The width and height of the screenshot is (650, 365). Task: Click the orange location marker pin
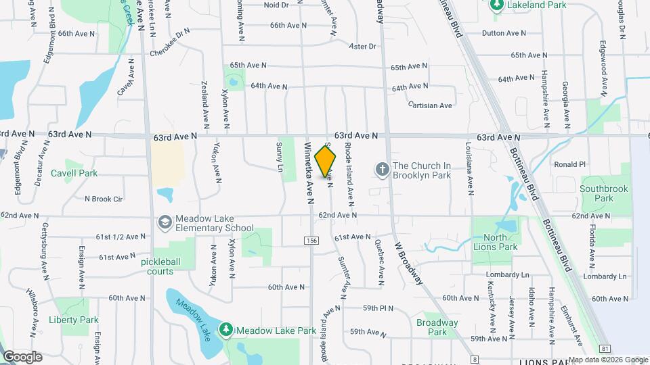tap(326, 161)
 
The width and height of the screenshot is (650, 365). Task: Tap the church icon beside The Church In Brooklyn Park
tap(383, 169)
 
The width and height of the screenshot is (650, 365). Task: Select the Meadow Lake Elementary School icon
tap(165, 222)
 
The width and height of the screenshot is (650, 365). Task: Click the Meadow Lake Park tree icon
tap(225, 331)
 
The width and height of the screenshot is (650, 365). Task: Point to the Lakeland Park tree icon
tap(496, 5)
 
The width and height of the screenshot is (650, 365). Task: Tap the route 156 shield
tap(311, 240)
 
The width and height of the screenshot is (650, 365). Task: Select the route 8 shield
tap(475, 359)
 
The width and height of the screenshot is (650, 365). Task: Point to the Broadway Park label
tap(437, 327)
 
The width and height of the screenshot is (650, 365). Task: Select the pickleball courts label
tap(158, 266)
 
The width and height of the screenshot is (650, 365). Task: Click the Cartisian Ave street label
tap(431, 105)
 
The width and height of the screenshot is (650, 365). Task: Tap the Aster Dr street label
tap(362, 47)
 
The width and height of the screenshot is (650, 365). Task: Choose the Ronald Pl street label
tap(569, 164)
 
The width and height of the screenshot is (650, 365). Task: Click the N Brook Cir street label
tap(104, 199)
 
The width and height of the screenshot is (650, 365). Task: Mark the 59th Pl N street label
tap(378, 308)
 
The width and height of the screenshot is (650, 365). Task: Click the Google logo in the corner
tap(22, 356)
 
